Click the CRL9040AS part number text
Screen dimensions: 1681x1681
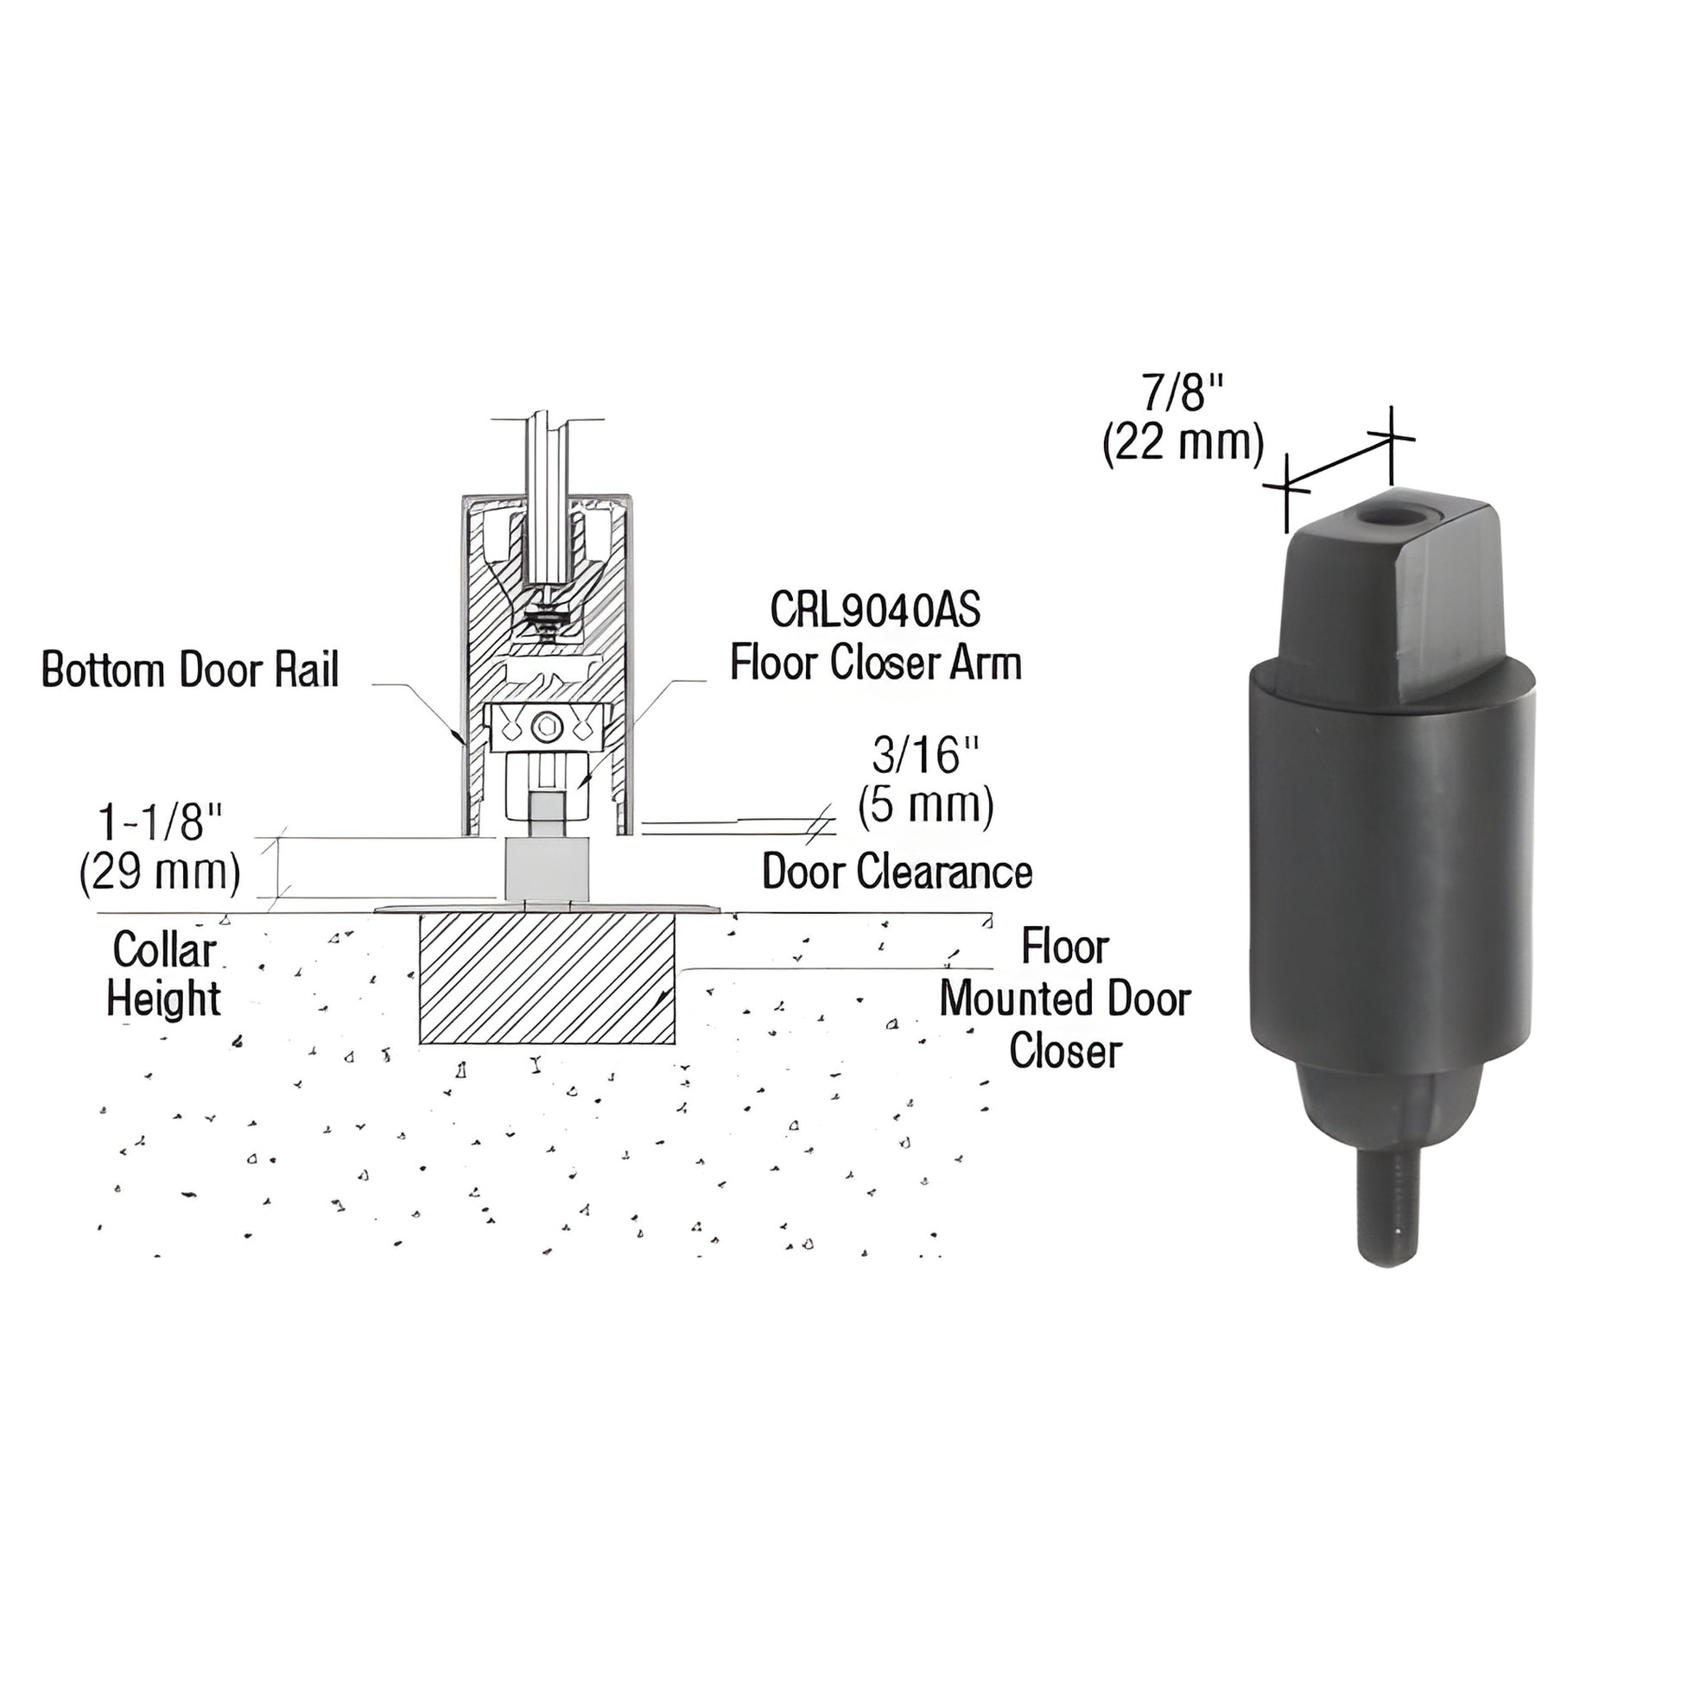(x=875, y=611)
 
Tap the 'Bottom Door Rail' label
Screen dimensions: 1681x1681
(x=191, y=671)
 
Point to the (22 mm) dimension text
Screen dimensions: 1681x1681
(x=1183, y=444)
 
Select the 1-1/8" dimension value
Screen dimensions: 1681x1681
(x=161, y=821)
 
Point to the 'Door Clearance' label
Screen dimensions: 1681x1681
(x=897, y=872)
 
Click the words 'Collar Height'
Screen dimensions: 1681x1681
(x=163, y=974)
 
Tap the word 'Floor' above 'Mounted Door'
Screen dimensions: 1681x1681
(x=1065, y=947)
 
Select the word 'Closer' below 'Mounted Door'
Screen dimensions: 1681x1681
(x=1065, y=1051)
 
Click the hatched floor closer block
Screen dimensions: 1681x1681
(x=548, y=978)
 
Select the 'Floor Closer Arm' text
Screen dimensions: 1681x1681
(x=875, y=663)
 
